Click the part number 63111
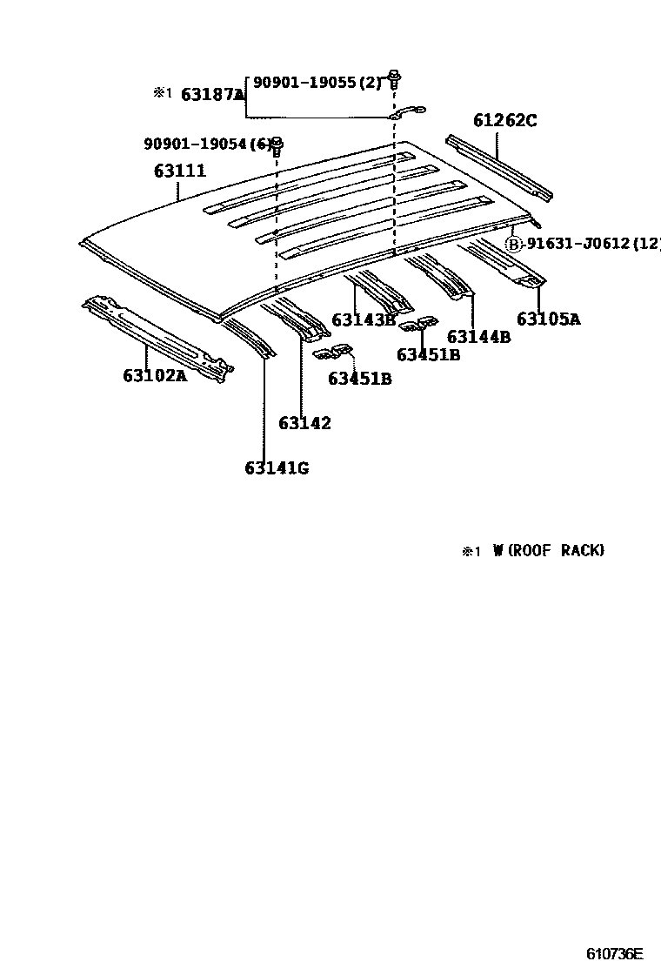pyautogui.click(x=180, y=171)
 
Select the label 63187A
pyautogui.click(x=212, y=95)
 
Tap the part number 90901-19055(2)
pyautogui.click(x=317, y=83)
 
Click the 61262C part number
pyautogui.click(x=504, y=120)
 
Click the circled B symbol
pyautogui.click(x=514, y=244)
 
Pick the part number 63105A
pyautogui.click(x=548, y=319)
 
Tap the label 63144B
pyautogui.click(x=478, y=337)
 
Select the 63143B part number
pyautogui.click(x=364, y=319)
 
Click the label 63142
pyautogui.click(x=304, y=424)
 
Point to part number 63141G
pyautogui.click(x=277, y=468)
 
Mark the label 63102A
pyautogui.click(x=155, y=376)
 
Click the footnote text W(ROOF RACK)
pyautogui.click(x=548, y=550)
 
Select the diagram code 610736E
pyautogui.click(x=613, y=953)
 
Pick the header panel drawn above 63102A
pyautogui.click(x=157, y=334)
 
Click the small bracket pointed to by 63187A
pyautogui.click(x=406, y=111)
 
